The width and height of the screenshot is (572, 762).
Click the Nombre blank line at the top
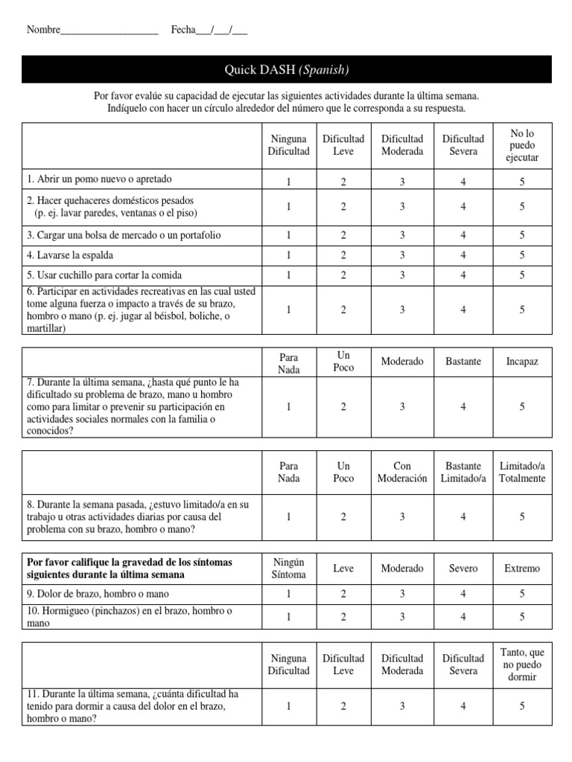point(109,31)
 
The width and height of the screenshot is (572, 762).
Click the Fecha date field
point(221,31)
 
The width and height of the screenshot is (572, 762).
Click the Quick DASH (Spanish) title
point(287,70)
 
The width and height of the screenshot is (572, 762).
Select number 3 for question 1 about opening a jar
point(402,180)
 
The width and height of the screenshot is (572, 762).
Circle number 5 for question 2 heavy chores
point(522,207)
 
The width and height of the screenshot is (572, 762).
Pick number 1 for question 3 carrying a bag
point(288,235)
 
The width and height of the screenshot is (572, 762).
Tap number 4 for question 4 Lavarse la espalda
point(463,255)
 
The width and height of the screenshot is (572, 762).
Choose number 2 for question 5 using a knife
point(343,275)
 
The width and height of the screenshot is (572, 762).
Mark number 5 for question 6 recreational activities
point(522,310)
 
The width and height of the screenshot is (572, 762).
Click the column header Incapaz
point(522,362)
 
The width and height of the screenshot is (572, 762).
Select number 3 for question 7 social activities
point(402,406)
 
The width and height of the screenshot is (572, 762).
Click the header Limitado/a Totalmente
point(522,473)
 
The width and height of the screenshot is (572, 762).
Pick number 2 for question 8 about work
point(343,516)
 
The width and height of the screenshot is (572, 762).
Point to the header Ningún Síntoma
point(288,569)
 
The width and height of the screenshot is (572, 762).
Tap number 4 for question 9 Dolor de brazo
point(463,594)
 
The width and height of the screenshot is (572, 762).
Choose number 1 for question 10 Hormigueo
point(288,617)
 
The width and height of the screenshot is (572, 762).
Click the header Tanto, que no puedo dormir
point(522,665)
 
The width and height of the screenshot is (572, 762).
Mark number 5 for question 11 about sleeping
point(522,707)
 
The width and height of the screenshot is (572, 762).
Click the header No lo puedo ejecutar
point(522,145)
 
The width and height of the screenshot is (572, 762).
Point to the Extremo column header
point(522,569)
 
